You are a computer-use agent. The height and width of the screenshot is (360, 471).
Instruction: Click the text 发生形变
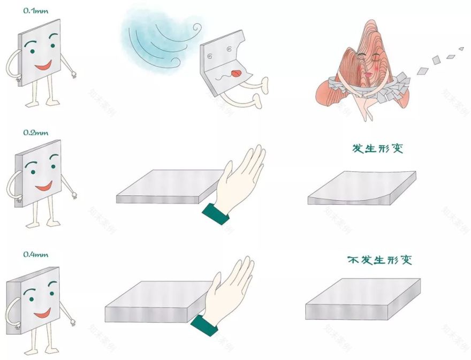377,148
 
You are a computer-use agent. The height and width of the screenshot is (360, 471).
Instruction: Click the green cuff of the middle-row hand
216,213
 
